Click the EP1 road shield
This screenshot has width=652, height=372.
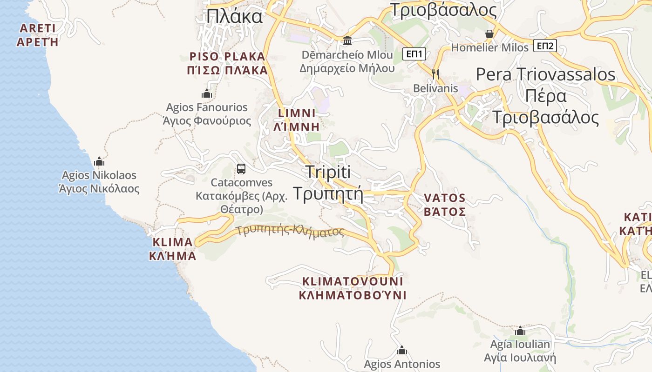tap(414, 54)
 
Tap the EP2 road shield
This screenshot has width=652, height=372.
tap(545, 46)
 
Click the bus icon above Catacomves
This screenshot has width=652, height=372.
tap(241, 169)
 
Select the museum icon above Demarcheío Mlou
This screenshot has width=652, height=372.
tap(347, 41)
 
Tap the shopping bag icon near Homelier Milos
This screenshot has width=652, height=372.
tap(489, 34)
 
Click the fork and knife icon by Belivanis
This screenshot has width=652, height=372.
tap(435, 74)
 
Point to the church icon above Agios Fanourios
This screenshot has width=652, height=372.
tap(207, 94)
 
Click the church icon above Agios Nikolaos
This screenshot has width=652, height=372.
tap(99, 162)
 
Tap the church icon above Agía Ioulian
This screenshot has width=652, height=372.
tap(520, 331)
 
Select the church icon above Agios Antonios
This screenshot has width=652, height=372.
tap(401, 350)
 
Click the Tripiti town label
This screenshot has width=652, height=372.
tap(328, 172)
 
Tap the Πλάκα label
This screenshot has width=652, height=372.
tap(234, 17)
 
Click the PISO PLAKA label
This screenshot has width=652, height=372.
tap(227, 57)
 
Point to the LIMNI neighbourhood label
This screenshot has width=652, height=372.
tap(297, 113)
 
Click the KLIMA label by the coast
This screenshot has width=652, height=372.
tap(172, 242)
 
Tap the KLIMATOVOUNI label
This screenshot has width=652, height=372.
tap(353, 281)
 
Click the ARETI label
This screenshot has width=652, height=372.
tap(37, 28)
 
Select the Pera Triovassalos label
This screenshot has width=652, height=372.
tap(545, 74)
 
